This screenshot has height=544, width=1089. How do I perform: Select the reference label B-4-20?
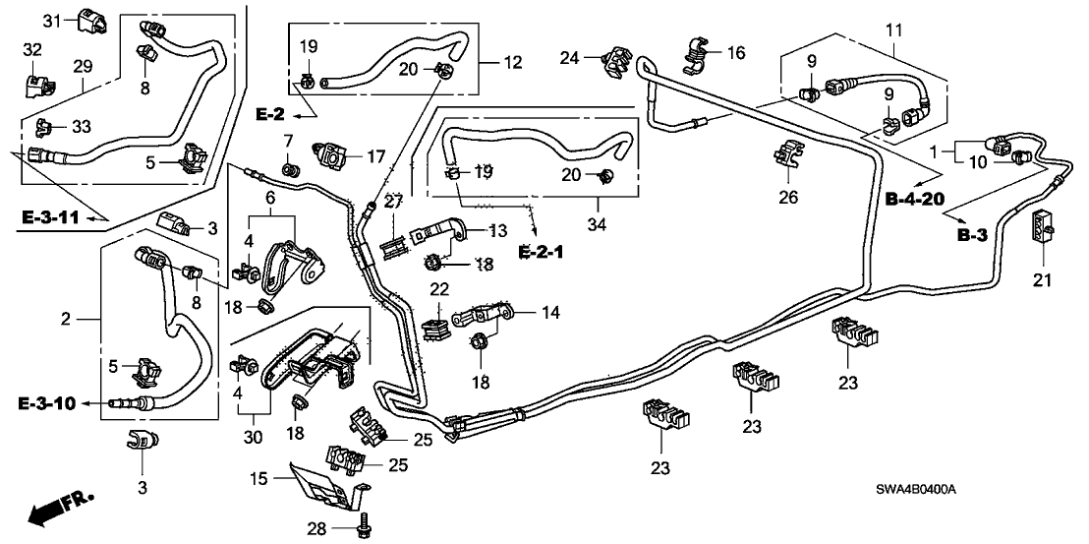click(914, 199)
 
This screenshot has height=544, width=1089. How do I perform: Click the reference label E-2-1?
click(543, 252)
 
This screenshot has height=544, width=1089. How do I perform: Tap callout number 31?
click(53, 20)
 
